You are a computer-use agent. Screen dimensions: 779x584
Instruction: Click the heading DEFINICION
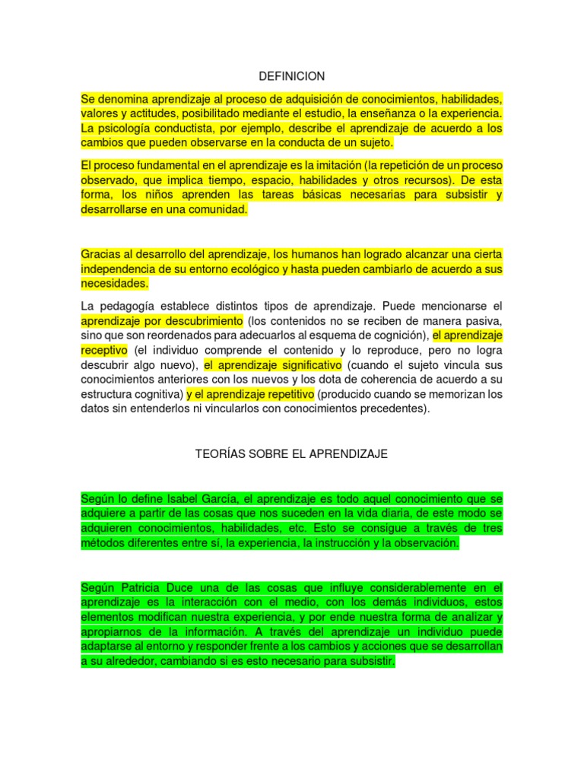[292, 76]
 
